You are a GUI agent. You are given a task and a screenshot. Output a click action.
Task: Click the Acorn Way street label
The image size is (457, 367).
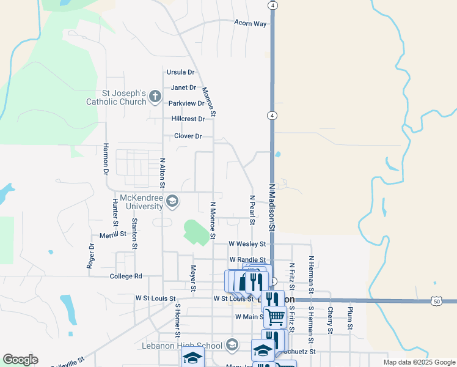point(250,23)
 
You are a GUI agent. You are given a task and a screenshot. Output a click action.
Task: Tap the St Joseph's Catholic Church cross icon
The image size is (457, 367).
point(155,96)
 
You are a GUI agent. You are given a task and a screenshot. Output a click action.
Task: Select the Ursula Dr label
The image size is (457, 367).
point(180,72)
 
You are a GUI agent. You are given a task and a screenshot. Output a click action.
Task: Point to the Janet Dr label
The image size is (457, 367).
point(183,88)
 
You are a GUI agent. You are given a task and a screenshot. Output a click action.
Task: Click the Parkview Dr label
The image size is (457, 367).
point(186,103)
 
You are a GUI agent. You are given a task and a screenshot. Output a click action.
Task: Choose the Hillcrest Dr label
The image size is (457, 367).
point(188,119)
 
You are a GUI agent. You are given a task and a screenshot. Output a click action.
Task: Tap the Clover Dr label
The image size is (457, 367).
point(188,136)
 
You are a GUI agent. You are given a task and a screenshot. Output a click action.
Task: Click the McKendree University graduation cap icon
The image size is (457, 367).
point(173,201)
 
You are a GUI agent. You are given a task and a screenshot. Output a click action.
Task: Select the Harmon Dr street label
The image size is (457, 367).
point(106,160)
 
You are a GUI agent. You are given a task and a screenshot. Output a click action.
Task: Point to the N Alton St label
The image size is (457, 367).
point(163,174)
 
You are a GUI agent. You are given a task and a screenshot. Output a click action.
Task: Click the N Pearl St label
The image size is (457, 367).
point(252,210)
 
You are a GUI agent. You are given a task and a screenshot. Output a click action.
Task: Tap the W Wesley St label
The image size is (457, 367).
point(247,243)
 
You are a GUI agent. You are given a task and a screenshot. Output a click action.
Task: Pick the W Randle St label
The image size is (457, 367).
point(247,260)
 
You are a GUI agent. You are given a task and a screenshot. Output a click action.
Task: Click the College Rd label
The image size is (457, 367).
point(126,276)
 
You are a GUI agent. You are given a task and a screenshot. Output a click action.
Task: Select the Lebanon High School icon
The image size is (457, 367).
point(231,346)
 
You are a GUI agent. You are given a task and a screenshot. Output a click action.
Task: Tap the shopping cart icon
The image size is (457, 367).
point(276,316)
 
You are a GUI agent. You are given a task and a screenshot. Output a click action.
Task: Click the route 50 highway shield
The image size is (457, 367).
point(436,301)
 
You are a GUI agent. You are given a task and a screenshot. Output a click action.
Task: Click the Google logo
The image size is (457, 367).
point(20,360)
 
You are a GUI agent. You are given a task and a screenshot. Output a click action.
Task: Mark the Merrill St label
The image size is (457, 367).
point(112,234)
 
